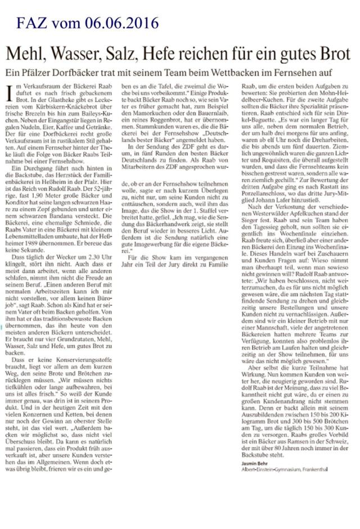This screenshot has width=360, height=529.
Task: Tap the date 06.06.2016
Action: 124,23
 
